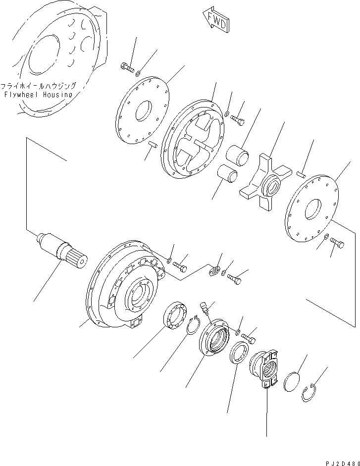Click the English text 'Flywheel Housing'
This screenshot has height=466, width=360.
[x=38, y=94]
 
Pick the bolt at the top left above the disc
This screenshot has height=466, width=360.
[x=127, y=68]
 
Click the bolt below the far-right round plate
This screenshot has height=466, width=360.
[x=338, y=244]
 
